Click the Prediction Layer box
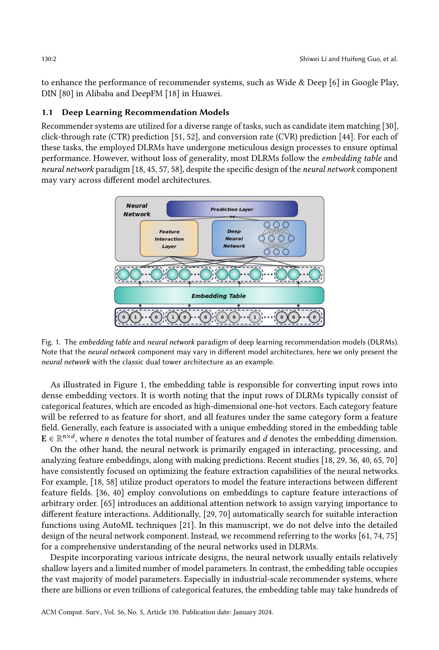[x=232, y=209]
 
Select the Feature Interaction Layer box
[x=169, y=239]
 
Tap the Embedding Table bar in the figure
[x=219, y=296]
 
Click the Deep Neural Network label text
[x=234, y=239]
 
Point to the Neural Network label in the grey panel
[x=137, y=210]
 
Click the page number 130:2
[x=49, y=59]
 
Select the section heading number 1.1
[x=47, y=112]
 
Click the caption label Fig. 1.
[x=51, y=342]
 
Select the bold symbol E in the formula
[x=44, y=439]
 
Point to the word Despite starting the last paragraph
[x=64, y=558]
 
